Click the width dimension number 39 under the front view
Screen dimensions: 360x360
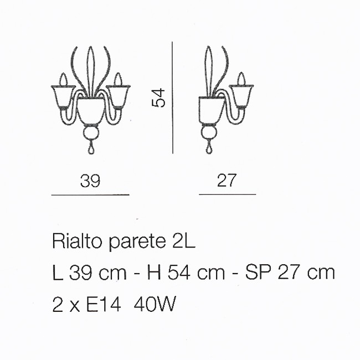tap(90, 181)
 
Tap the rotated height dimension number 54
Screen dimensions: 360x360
tap(158, 97)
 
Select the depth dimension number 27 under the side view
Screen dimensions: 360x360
tap(227, 180)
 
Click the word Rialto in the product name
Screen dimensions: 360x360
tap(77, 241)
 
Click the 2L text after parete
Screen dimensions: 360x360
tap(184, 241)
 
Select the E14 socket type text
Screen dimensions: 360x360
tap(104, 304)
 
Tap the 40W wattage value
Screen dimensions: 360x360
tap(155, 304)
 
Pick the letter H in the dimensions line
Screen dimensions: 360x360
tap(154, 272)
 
